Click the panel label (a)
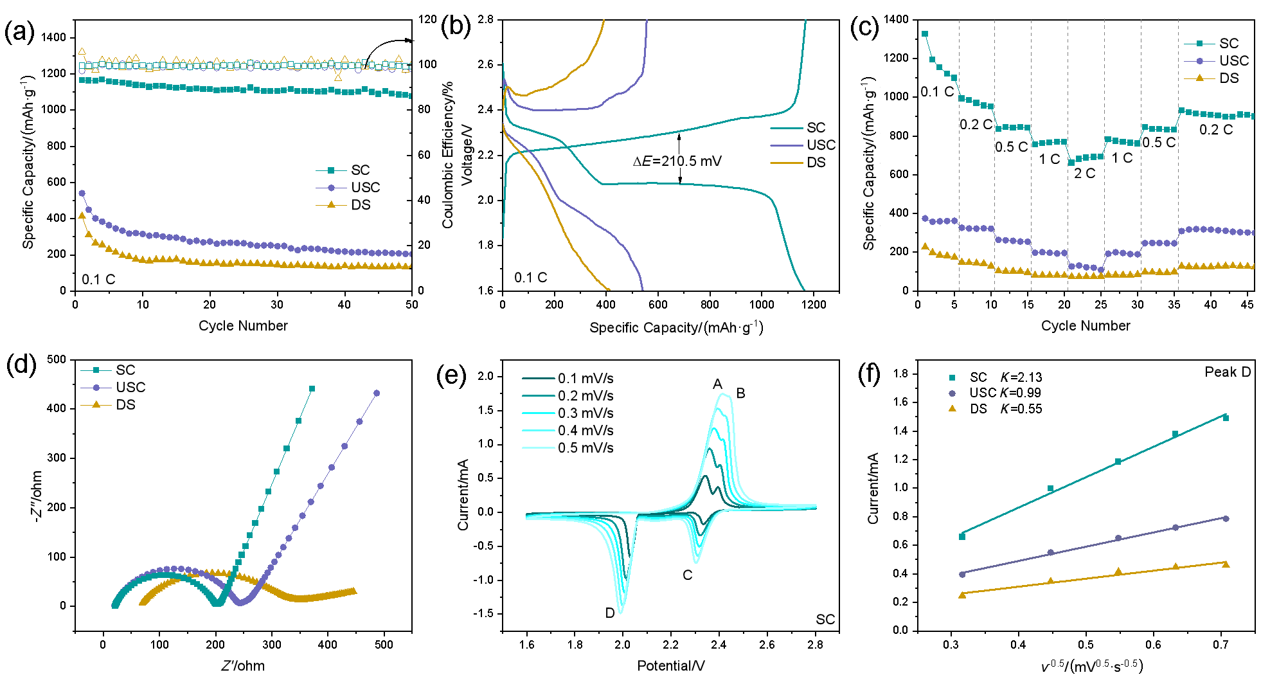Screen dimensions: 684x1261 point(19,32)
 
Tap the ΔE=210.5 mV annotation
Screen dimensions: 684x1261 point(677,161)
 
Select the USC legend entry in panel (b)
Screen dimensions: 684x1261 point(821,145)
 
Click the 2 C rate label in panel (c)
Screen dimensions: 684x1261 point(1084,174)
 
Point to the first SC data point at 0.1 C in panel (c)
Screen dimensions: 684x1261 point(925,34)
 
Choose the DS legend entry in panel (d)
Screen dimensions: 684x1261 point(125,405)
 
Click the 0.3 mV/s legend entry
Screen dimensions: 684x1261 point(585,413)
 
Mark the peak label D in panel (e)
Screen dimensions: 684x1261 point(610,613)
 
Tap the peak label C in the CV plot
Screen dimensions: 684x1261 point(687,575)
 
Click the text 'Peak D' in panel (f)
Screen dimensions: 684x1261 point(1227,372)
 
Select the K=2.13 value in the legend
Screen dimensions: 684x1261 point(1021,377)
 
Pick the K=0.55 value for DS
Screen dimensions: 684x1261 point(1021,409)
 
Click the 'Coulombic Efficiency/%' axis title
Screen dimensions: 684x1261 point(448,154)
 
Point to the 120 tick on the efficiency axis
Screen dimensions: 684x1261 point(427,19)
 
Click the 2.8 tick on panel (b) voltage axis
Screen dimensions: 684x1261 point(486,19)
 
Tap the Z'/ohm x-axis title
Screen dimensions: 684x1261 point(243,666)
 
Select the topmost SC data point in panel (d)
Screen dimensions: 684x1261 point(312,389)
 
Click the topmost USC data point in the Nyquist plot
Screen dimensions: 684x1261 point(377,393)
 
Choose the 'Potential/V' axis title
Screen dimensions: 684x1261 point(670,666)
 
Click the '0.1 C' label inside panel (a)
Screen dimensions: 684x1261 point(98,280)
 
